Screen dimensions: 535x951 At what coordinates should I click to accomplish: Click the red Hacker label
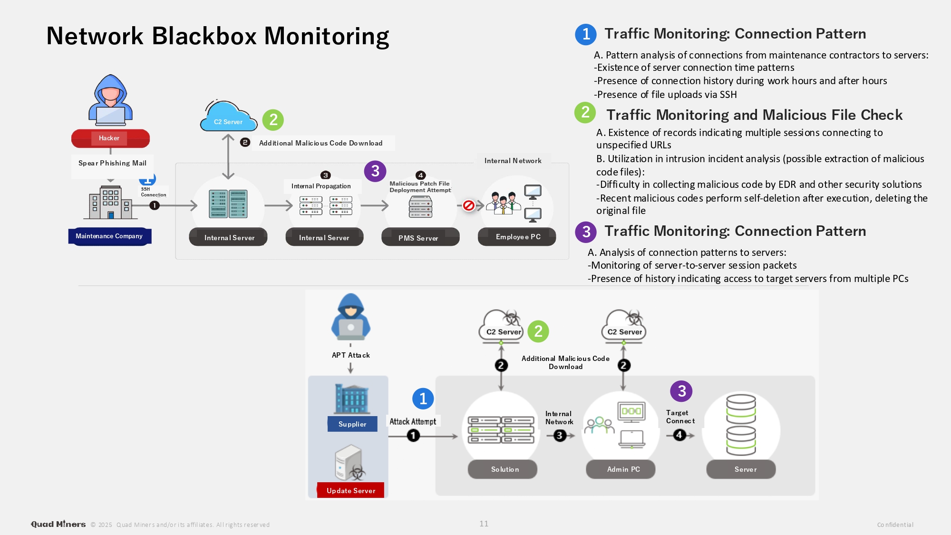pos(110,138)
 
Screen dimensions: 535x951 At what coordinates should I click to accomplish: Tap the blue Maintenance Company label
pos(109,236)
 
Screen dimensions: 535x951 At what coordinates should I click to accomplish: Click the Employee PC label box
pos(517,237)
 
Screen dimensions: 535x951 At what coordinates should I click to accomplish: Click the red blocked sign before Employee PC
pos(468,205)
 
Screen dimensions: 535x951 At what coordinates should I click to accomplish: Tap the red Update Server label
pos(351,490)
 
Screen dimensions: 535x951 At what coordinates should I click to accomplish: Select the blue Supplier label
pos(352,424)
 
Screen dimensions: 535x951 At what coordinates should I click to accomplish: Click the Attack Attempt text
pos(413,421)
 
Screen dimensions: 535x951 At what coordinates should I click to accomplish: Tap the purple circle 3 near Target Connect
pos(681,391)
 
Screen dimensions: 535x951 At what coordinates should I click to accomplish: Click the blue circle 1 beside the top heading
pos(586,34)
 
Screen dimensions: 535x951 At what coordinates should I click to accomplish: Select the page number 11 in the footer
pos(484,524)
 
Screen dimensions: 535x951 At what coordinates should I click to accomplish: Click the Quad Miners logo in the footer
pos(58,524)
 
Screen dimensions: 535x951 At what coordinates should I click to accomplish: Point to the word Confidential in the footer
pos(895,525)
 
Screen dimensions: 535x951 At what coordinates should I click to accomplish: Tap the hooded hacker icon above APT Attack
pos(351,317)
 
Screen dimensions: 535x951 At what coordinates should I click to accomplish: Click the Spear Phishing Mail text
pos(112,163)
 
